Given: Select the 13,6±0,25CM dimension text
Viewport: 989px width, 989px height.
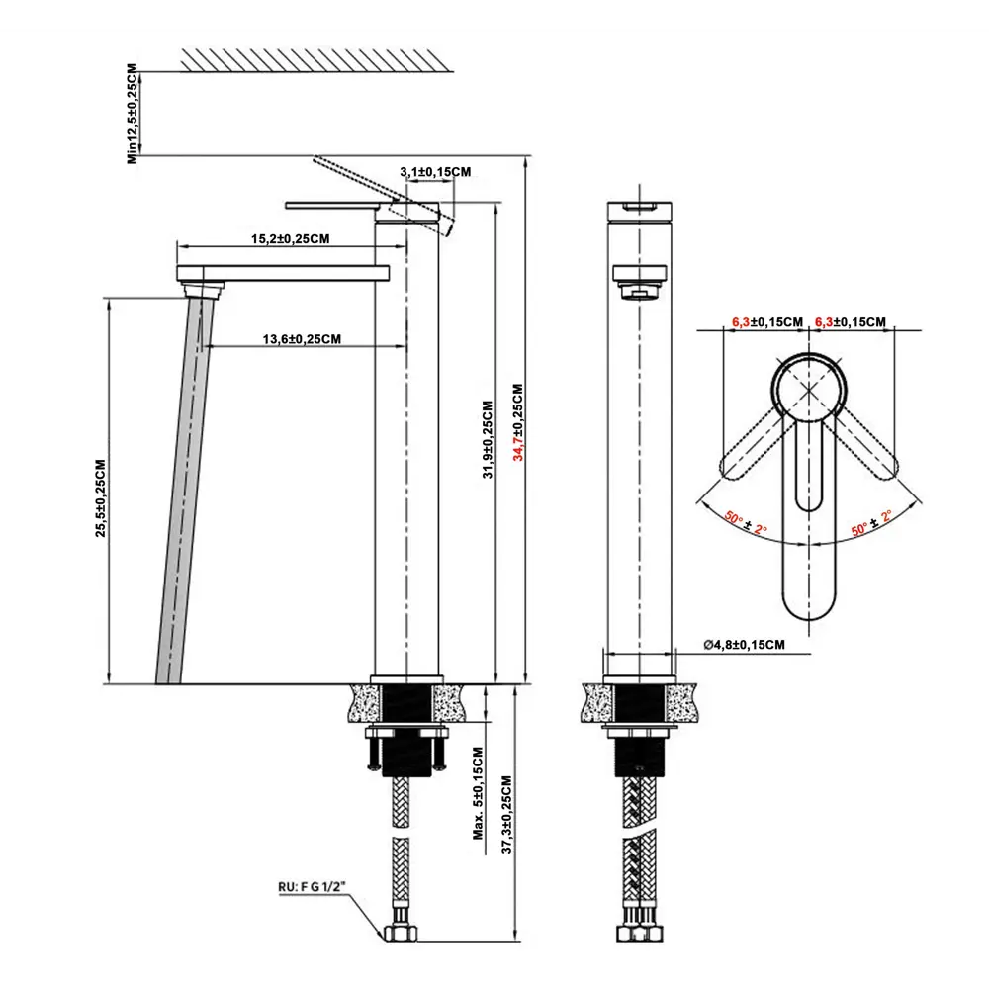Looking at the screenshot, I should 302,338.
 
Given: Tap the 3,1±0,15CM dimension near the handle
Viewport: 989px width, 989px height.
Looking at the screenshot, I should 434,172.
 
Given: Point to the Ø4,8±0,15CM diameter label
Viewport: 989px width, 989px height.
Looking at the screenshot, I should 744,645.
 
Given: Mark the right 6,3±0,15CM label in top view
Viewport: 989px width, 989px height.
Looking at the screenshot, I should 850,321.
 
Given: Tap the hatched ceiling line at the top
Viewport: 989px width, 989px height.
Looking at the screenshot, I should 314,59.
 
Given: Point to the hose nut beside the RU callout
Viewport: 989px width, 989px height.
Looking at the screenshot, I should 400,932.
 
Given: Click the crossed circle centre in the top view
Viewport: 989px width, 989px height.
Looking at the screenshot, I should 809,389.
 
